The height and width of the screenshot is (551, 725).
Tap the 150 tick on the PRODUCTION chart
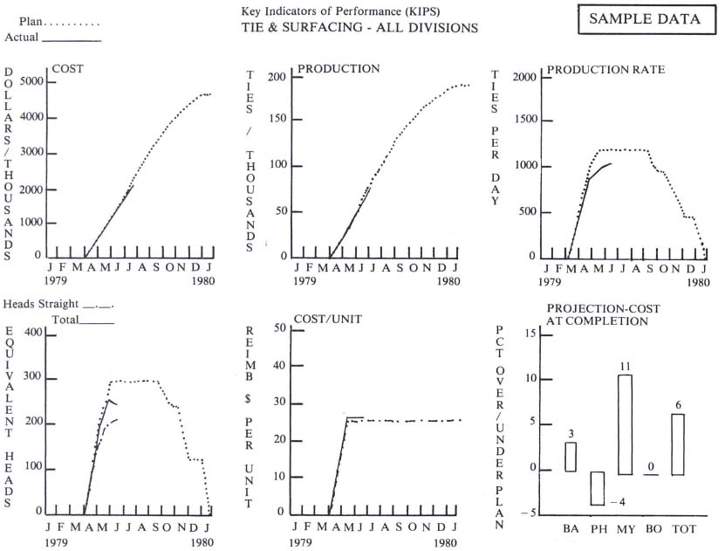(x=277, y=122)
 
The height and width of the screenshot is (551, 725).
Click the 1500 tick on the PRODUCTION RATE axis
(x=523, y=121)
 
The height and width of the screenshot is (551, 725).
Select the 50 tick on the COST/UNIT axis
(x=282, y=328)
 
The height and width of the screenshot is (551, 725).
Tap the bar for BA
(x=571, y=457)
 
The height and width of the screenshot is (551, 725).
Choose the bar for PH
(x=597, y=488)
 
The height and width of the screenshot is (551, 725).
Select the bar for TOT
(x=678, y=444)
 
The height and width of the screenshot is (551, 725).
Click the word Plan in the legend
(x=31, y=21)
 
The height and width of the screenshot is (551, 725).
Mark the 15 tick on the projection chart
(x=528, y=334)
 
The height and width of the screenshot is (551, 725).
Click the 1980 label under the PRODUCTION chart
(x=448, y=282)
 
